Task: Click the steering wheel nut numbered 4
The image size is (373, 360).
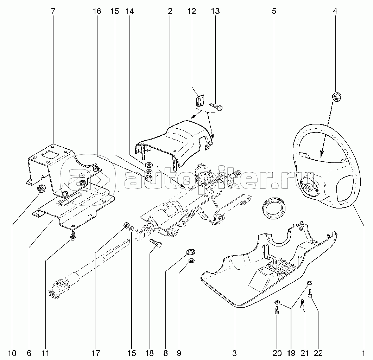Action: [x=336, y=97]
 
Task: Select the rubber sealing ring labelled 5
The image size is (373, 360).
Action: [x=273, y=207]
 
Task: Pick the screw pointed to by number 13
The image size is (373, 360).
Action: [x=216, y=106]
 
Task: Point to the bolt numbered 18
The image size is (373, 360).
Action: [x=156, y=243]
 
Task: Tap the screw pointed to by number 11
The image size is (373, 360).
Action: [x=73, y=236]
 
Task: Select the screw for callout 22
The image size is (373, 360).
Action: [x=310, y=293]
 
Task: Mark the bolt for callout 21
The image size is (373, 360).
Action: [x=302, y=304]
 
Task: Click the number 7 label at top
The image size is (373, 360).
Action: [x=53, y=11]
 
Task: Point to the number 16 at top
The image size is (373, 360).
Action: [x=97, y=11]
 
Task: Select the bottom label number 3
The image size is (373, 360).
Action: [x=235, y=353]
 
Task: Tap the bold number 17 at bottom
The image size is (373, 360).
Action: [x=96, y=353]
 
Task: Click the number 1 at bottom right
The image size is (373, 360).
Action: [x=363, y=353]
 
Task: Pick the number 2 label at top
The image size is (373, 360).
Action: [x=170, y=11]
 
